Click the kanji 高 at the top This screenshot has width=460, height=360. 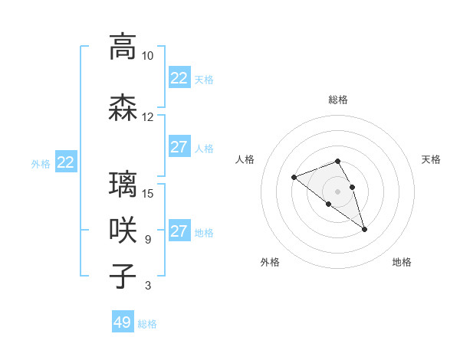[x=123, y=46]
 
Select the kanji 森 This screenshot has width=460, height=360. [x=123, y=107]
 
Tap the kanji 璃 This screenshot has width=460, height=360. [x=123, y=185]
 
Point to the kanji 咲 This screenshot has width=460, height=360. [x=123, y=231]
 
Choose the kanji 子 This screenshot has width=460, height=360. [x=123, y=276]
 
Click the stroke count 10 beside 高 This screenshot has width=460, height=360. [x=147, y=56]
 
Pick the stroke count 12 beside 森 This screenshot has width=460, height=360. [x=147, y=117]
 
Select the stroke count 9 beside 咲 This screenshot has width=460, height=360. [x=147, y=240]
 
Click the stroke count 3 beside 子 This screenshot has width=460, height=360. [x=147, y=286]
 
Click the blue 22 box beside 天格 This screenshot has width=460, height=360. [x=179, y=78]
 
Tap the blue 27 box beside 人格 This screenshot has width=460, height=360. [x=179, y=147]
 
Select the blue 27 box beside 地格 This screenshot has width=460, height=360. [x=179, y=231]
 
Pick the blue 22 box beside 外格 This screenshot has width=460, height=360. [x=66, y=162]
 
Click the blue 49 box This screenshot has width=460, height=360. [x=123, y=322]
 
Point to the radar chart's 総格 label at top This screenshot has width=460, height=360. [x=337, y=100]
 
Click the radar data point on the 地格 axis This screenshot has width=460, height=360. [x=364, y=229]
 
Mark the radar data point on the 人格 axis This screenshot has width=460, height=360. [x=294, y=178]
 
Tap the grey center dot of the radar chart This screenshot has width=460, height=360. [x=337, y=191]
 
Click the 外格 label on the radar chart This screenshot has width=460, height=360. [x=270, y=262]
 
